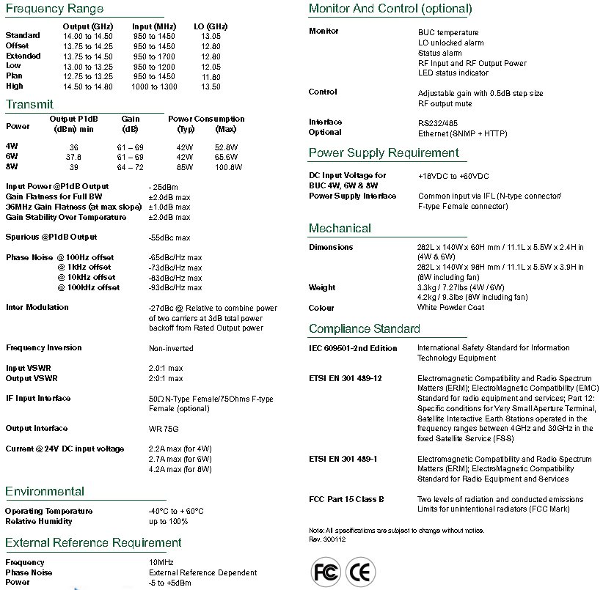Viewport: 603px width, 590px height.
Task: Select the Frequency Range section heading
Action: click(x=54, y=10)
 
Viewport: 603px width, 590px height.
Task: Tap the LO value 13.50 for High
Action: click(x=211, y=86)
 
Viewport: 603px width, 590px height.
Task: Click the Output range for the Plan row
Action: click(x=88, y=76)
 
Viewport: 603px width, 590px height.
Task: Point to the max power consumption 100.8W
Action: click(x=228, y=167)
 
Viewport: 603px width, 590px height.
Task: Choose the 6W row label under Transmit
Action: click(x=12, y=157)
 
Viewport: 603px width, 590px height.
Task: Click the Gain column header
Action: click(x=131, y=119)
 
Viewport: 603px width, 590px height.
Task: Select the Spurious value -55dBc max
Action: click(x=169, y=237)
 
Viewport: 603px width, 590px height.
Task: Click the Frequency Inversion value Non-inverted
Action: click(x=171, y=348)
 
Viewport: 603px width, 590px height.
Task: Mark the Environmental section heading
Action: click(x=45, y=491)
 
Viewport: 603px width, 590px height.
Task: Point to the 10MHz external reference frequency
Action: click(x=162, y=562)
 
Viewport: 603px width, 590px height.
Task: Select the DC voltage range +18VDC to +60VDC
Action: click(x=453, y=176)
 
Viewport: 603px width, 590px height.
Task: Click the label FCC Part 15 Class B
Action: click(x=346, y=499)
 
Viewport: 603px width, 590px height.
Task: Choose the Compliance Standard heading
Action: click(x=365, y=328)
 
